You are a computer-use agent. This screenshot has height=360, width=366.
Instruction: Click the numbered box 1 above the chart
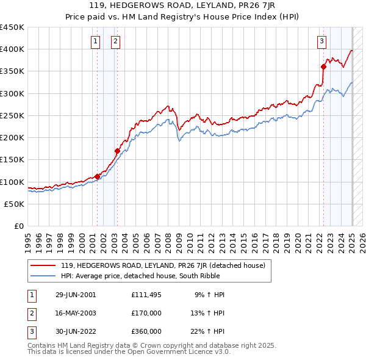tap(96, 41)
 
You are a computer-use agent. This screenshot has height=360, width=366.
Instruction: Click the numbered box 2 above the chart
tap(115, 41)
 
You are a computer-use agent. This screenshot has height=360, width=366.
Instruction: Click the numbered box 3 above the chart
tap(321, 41)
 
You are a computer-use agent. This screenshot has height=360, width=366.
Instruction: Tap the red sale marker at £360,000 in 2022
tap(324, 67)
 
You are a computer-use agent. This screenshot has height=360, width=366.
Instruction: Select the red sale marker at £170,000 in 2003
tap(117, 151)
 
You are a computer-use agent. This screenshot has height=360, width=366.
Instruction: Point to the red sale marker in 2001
tap(97, 176)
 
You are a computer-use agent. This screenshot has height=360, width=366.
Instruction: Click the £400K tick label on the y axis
tap(12, 49)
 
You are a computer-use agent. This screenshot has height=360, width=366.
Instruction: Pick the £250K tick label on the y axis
tap(12, 115)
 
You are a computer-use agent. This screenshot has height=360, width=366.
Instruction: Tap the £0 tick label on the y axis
tap(19, 226)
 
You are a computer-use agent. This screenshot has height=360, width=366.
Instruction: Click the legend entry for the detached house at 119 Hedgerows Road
tap(163, 266)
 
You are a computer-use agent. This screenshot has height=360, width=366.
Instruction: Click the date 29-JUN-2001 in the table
tap(76, 295)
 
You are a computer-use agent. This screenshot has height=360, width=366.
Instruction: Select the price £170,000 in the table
tap(146, 313)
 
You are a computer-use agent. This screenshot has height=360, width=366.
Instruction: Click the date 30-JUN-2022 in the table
tap(76, 331)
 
